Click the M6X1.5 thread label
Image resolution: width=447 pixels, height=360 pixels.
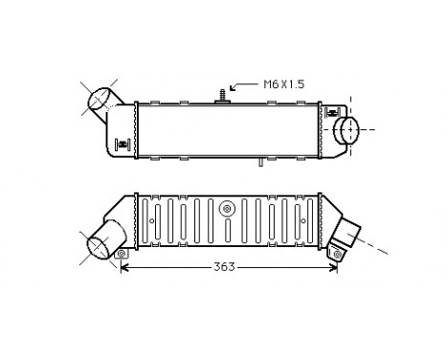point(284,84)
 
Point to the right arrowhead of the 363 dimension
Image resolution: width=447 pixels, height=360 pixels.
point(335,267)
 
